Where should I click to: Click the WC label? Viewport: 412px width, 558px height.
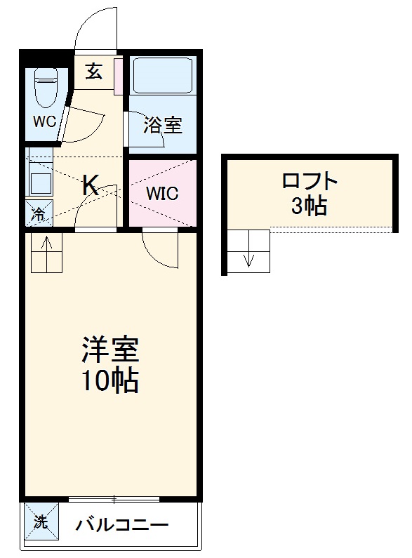coord(44,120)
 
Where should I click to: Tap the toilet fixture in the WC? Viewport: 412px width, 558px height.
coord(46,86)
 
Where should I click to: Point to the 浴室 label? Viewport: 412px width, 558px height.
coord(163,125)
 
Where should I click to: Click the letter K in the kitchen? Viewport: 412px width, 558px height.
coord(91,185)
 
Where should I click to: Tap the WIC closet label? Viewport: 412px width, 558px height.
coord(161,193)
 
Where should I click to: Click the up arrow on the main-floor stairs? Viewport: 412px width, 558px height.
coord(47,246)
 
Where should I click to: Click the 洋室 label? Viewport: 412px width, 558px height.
coord(110,349)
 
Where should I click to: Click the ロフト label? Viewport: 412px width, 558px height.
coord(310,182)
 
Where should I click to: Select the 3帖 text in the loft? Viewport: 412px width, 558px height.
coord(310,206)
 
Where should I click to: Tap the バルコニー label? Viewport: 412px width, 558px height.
coord(122,524)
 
